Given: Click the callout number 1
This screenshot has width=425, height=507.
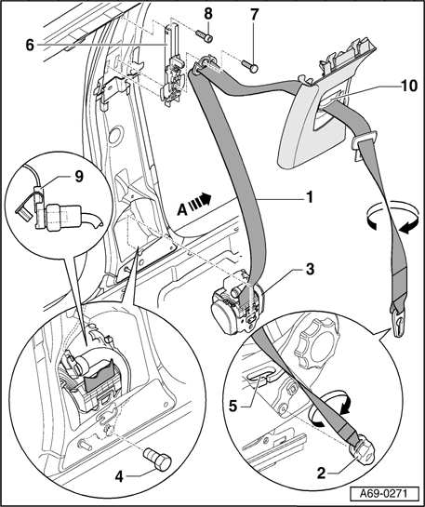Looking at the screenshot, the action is [310, 197].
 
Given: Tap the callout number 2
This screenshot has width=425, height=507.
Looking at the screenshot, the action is [321, 474].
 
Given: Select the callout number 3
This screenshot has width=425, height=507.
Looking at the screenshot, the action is [310, 269].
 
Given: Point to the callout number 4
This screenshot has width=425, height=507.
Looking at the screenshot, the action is [119, 476].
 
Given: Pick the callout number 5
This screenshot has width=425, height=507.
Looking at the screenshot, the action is [232, 407].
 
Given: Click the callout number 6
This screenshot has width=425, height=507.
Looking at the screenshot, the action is [30, 46].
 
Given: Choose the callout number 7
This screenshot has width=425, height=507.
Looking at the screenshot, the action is [255, 15].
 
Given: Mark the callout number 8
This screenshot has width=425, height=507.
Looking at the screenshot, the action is [208, 14].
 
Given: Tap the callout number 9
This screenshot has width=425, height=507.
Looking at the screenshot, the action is [79, 177].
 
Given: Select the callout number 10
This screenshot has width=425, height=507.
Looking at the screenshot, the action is [408, 86].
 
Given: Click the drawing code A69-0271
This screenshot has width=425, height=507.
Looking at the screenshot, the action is [384, 494].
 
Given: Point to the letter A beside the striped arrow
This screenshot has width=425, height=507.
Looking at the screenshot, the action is [182, 210].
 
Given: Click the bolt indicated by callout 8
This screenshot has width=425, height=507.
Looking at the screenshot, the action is [205, 35].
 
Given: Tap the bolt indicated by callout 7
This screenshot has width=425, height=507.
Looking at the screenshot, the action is [250, 65].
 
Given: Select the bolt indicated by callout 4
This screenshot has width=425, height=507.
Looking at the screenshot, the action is [158, 459].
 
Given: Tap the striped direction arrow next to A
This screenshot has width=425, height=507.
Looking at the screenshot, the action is [200, 200].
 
